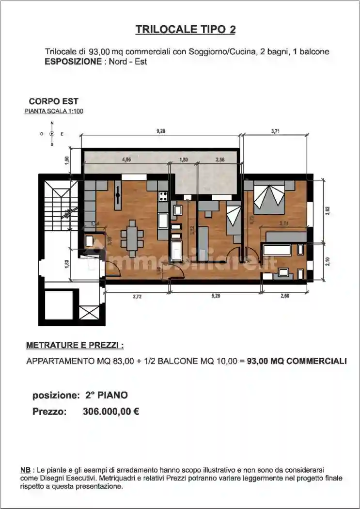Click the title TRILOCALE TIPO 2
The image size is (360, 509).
pyautogui.click(x=186, y=30)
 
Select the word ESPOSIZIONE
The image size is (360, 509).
pyautogui.click(x=72, y=62)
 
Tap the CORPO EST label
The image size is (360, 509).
pyautogui.click(x=53, y=101)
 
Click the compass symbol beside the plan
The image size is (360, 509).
pyautogui.click(x=52, y=133)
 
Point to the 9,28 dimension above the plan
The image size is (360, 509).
pyautogui.click(x=161, y=130)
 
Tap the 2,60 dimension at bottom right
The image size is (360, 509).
pyautogui.click(x=284, y=296)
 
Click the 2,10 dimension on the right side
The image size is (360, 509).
pyautogui.click(x=328, y=261)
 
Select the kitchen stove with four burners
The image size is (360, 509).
pyautogui.click(x=163, y=196)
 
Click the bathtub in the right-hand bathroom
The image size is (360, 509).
pyautogui.click(x=277, y=250)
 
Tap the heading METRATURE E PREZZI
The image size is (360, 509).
pyautogui.click(x=75, y=346)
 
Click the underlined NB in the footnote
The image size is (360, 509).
pyautogui.click(x=25, y=471)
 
